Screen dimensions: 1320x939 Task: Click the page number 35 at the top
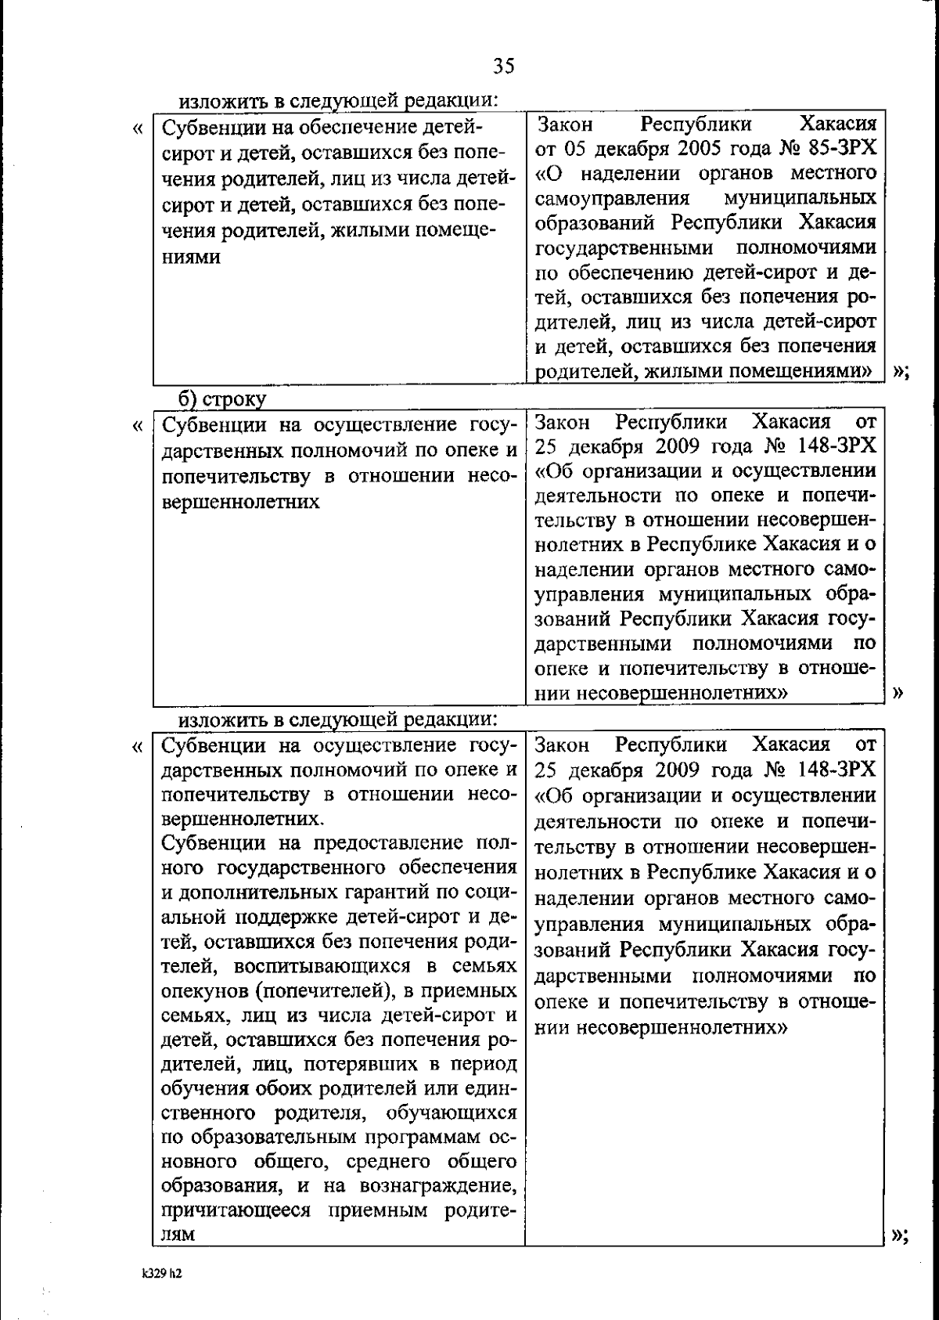pyautogui.click(x=504, y=67)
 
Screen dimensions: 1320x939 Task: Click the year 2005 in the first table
pyautogui.click(x=681, y=149)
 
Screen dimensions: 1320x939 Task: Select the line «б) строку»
pyautogui.click(x=222, y=399)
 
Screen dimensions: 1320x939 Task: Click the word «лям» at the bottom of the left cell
pyautogui.click(x=178, y=1235)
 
